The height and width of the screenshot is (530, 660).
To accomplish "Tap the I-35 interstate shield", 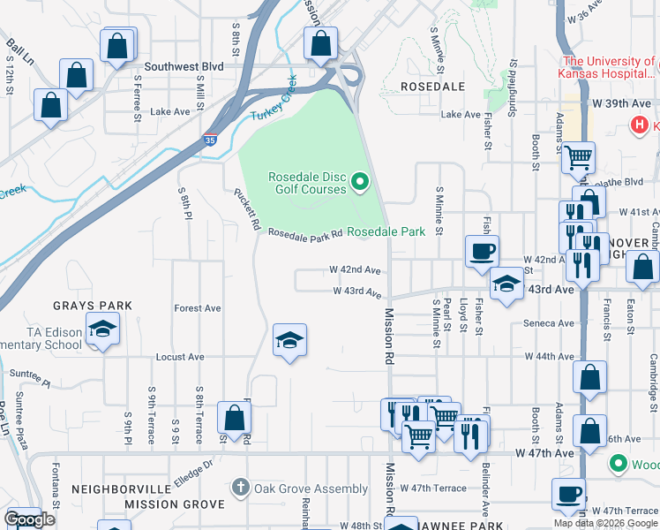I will point(209,140).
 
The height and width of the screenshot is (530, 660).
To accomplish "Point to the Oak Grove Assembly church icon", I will point(239,488).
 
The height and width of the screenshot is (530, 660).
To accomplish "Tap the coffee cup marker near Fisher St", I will point(482,251).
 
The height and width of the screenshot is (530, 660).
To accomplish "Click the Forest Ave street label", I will point(198,308).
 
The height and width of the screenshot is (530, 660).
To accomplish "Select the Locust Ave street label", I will point(180,357).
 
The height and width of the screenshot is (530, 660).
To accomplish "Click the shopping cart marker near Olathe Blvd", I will point(578,158).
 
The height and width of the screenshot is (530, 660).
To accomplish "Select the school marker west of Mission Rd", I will point(289,340).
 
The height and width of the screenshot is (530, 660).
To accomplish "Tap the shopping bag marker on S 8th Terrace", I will point(234,417).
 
